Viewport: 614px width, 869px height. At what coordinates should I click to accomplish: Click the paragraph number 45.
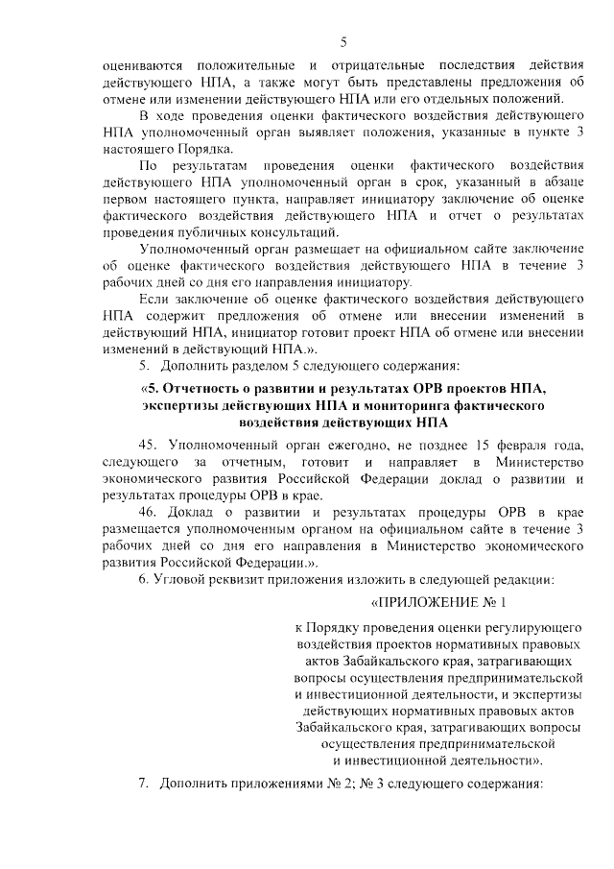pyautogui.click(x=149, y=446)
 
